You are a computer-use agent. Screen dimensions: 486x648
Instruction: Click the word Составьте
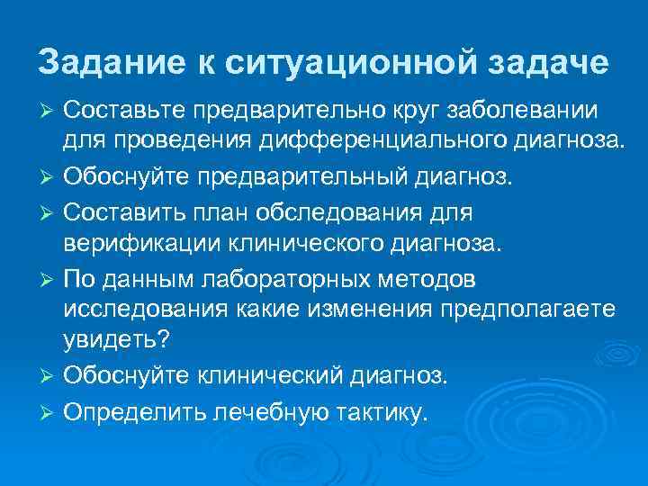pos(121,110)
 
